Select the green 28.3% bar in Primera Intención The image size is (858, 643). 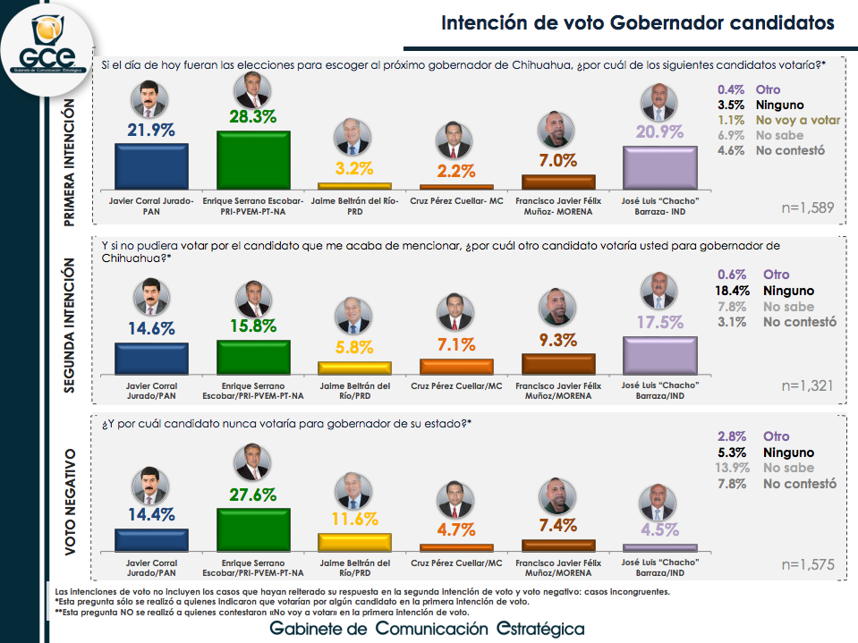(x=253, y=158)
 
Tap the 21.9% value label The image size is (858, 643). (x=151, y=129)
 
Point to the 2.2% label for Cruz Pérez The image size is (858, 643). (x=456, y=171)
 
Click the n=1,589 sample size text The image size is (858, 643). (x=807, y=208)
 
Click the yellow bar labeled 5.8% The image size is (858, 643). (x=354, y=367)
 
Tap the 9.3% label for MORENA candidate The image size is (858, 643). (x=557, y=340)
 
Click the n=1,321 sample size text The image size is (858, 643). (x=807, y=385)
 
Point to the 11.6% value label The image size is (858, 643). (x=354, y=519)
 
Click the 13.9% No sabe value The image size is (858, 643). (x=733, y=468)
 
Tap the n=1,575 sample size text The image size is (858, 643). (x=807, y=564)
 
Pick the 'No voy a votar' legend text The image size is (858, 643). (x=798, y=119)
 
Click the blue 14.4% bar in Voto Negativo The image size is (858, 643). (x=151, y=539)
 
